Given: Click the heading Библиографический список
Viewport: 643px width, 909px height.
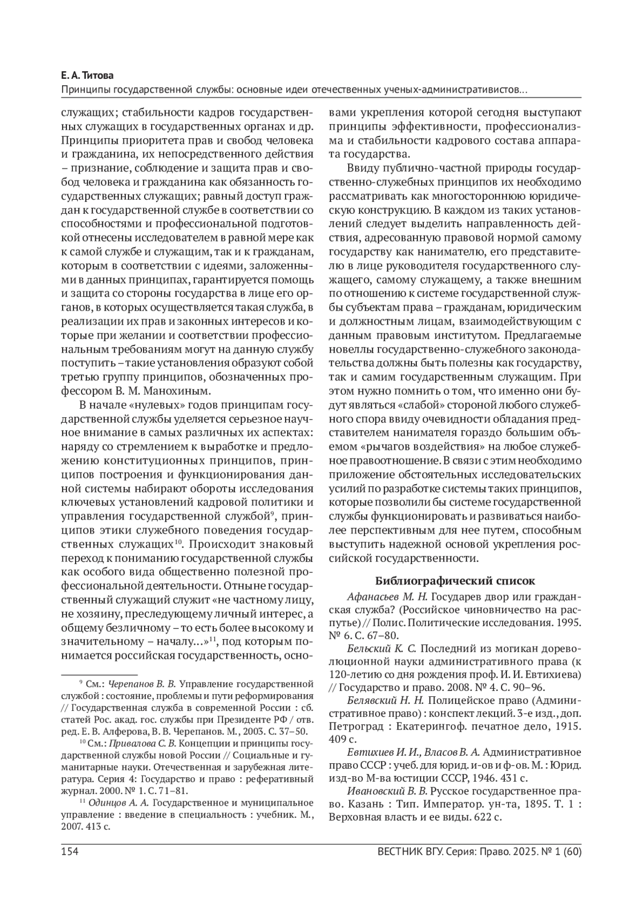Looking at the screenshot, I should [455, 580].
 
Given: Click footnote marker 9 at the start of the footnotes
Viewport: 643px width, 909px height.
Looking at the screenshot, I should [80, 683].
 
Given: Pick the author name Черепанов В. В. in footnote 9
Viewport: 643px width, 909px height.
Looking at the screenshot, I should [142, 684].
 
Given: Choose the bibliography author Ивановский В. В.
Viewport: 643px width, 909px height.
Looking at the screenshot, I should [388, 791].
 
